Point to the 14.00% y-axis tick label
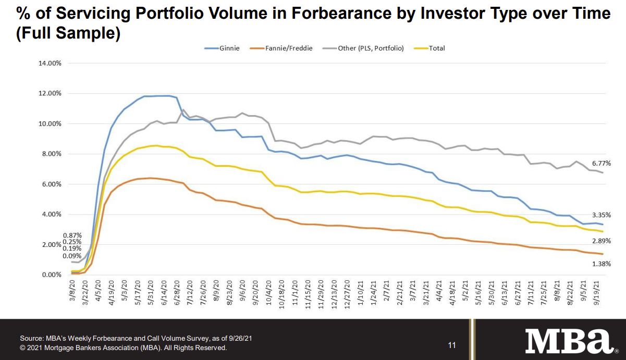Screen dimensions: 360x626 pos(50,64)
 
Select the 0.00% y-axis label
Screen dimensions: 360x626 pos(52,275)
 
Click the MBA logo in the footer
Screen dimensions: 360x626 pos(569,341)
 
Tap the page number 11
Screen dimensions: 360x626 pos(452,345)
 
